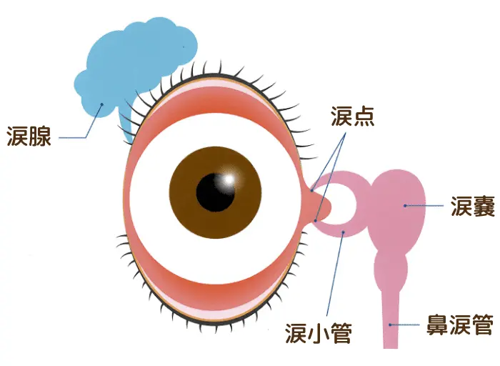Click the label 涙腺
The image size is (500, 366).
pos(29,137)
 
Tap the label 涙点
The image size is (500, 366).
pos(352,117)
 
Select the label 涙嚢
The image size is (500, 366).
pos(473,206)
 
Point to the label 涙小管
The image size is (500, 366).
pos(319,333)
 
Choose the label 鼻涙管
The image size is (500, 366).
pos(460,325)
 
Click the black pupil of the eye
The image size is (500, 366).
pos(215,192)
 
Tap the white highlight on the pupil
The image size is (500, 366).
pos(229,179)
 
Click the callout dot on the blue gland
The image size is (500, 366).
pos(102,104)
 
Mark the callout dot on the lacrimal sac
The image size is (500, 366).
pos(405,206)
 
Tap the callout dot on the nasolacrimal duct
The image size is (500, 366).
pos(390,325)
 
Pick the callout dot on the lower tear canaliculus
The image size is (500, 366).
pos(343,232)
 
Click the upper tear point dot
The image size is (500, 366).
pos(312,190)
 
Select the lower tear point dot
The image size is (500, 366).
pos(316,220)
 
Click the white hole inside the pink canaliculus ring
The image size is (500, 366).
pos(342,204)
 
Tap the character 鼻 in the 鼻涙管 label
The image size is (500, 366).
pos(437,325)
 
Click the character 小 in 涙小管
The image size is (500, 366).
pos(319,333)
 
